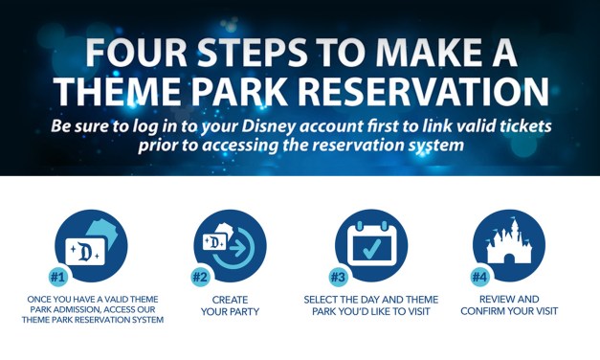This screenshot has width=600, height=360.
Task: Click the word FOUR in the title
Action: [x=134, y=51]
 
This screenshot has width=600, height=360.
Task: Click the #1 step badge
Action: [x=57, y=277]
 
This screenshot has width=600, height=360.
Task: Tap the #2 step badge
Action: [x=200, y=277]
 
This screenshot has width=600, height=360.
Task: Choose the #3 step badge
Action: [x=338, y=277]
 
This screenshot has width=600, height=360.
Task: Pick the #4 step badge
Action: [x=479, y=277]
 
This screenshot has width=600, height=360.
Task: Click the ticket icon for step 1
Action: [x=91, y=245]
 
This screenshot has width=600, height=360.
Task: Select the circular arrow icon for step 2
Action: [x=231, y=245]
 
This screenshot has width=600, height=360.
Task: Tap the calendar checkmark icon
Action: [x=370, y=245]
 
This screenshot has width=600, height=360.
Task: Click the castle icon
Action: [x=509, y=245]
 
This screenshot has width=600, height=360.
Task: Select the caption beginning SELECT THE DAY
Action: [x=369, y=305]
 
